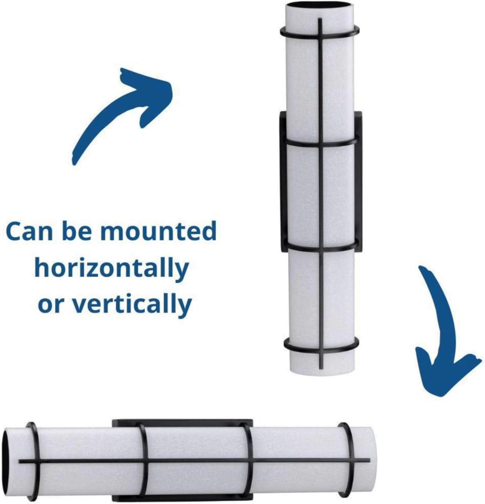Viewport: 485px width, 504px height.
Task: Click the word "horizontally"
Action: click(111, 269)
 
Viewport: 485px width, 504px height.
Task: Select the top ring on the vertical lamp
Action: click(319, 31)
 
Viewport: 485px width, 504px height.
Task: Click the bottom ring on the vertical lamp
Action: click(320, 347)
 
